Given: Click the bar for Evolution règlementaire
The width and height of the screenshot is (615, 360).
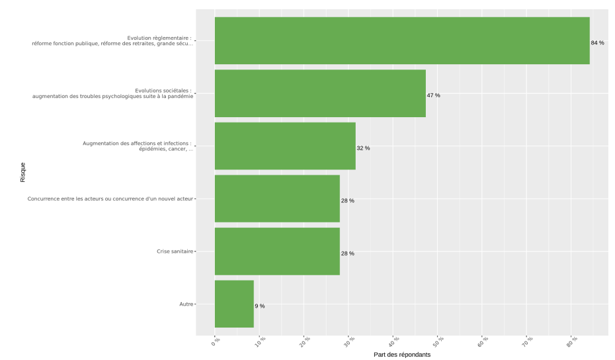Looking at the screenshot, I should click(401, 41).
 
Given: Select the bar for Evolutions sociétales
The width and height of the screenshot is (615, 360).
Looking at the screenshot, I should click(320, 93).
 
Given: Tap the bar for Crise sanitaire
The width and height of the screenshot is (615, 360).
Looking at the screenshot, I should click(277, 251).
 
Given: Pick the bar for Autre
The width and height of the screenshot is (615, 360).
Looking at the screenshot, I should click(234, 304).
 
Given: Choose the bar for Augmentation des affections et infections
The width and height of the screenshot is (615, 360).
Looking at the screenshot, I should click(285, 146).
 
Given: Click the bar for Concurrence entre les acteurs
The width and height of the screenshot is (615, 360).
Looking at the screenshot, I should click(277, 199).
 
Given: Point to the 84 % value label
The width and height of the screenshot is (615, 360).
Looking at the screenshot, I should click(597, 43).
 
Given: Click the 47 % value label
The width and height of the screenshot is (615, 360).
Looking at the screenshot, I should click(433, 95).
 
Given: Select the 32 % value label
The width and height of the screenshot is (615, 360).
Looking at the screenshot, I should click(363, 148).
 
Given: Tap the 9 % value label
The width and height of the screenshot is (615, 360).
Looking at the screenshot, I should click(260, 306).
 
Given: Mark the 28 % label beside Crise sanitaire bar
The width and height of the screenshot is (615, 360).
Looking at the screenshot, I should click(347, 253).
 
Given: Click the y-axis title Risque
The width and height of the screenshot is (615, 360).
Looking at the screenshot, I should click(23, 172).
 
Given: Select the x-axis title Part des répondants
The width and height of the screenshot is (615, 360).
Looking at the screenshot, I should click(401, 355).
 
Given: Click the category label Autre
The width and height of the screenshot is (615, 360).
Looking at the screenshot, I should click(186, 304).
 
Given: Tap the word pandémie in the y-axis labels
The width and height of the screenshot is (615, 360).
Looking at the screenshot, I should click(179, 97).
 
